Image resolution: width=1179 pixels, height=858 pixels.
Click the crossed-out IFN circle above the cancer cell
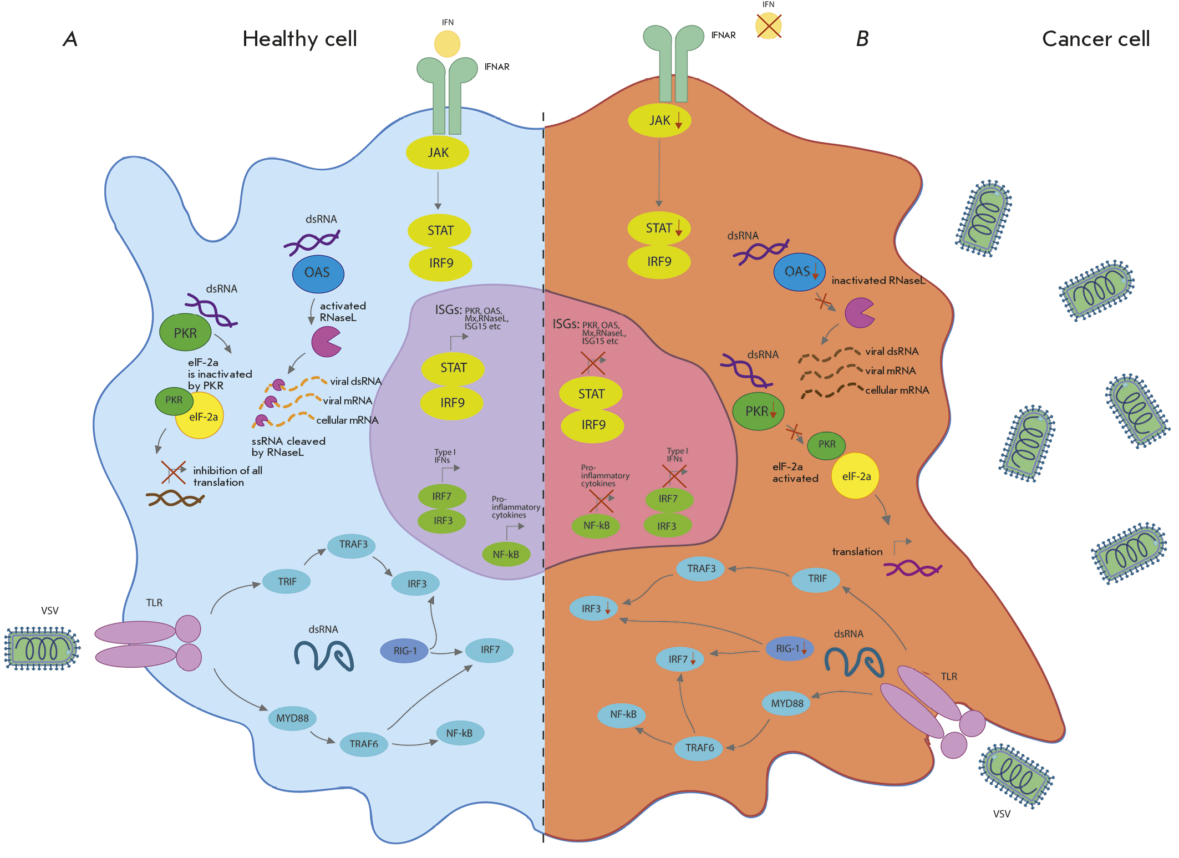click(768, 26)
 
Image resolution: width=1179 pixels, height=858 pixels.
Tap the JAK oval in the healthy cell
click(438, 153)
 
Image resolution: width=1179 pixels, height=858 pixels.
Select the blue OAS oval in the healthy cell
click(318, 273)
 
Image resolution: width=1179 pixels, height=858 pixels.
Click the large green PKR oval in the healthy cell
click(185, 333)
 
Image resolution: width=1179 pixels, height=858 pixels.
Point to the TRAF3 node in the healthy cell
click(353, 545)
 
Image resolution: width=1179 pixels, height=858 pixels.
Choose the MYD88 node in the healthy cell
click(292, 718)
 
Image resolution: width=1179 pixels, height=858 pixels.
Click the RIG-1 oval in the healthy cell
click(404, 651)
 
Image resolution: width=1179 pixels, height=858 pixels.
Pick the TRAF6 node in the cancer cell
click(699, 748)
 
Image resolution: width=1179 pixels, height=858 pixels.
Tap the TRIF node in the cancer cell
click(816, 579)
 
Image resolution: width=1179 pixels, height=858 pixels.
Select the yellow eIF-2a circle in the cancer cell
click(855, 476)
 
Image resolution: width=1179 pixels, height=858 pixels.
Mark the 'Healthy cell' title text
click(299, 39)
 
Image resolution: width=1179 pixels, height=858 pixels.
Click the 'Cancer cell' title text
click(1095, 39)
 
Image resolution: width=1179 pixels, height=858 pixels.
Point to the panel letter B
click(862, 39)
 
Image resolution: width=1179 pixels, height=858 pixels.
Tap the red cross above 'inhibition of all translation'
click(174, 472)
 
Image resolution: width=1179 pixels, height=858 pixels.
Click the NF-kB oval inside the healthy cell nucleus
click(506, 554)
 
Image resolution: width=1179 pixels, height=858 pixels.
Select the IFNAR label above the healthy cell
click(496, 67)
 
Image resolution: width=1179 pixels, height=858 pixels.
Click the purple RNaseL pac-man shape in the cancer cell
click(858, 313)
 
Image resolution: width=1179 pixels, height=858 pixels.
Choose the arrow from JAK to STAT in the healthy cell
click(438, 190)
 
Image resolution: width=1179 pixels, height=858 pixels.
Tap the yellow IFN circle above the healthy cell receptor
click(447, 44)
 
